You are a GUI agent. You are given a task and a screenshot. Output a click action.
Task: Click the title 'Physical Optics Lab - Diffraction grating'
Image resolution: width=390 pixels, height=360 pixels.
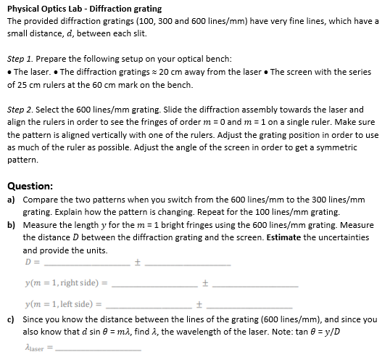84,9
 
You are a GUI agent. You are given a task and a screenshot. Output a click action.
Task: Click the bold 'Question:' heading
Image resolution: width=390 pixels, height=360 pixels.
30,186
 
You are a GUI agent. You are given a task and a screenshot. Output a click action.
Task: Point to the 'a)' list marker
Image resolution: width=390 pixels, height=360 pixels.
12,199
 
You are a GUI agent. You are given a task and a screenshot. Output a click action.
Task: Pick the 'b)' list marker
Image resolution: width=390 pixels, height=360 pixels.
12,225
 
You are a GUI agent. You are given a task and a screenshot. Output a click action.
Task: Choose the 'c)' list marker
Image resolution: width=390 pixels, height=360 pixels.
12,319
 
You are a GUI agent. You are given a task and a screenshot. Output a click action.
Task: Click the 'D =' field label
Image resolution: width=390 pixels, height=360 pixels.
31,262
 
